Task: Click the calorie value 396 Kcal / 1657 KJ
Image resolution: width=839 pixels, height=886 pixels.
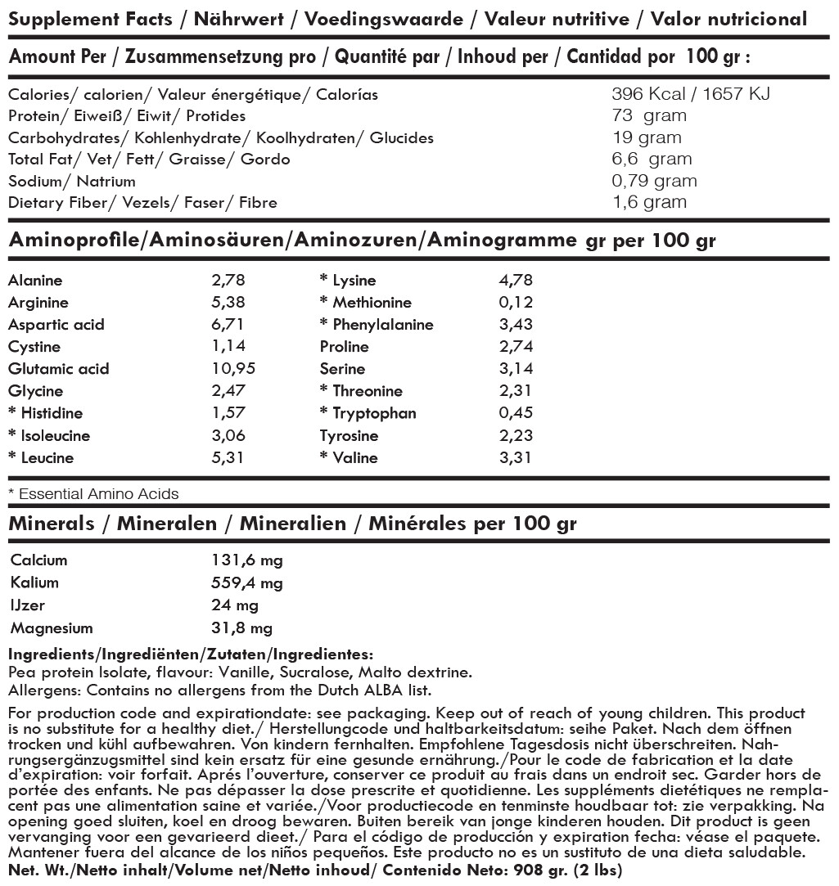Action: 691,94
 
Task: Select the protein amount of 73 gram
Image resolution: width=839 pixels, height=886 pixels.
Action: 649,115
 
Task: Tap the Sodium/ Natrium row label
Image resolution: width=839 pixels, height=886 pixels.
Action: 71,181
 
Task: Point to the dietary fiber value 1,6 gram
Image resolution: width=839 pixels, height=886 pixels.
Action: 649,202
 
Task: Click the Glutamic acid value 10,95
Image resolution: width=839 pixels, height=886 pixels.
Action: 233,369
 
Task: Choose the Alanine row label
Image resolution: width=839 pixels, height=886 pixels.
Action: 34,281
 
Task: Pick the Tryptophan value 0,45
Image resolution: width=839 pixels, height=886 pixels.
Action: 515,413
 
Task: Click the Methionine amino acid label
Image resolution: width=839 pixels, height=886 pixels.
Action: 372,303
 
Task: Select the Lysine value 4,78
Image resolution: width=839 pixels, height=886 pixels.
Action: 516,281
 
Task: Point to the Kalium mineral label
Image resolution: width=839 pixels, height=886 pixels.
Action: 34,583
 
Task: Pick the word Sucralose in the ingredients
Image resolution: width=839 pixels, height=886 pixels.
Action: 311,672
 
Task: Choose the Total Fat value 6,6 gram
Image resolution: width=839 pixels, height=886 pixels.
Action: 652,159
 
